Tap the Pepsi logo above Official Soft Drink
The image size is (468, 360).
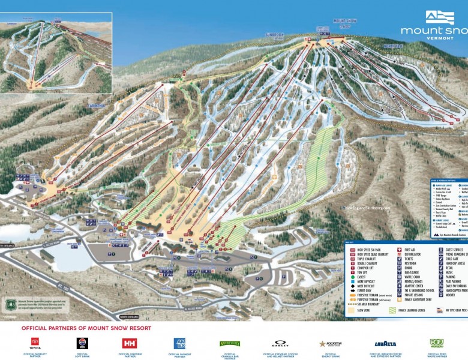(82, 343)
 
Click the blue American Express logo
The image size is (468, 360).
(179, 343)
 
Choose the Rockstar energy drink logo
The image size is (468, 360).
(331, 344)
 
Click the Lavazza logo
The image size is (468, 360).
(385, 344)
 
